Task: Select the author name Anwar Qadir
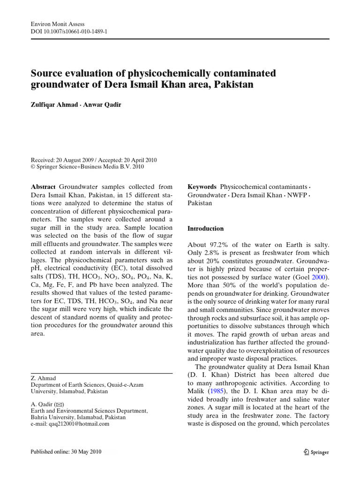(104, 105)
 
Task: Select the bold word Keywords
(202, 187)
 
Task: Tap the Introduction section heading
(205, 229)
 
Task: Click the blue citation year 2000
(320, 277)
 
